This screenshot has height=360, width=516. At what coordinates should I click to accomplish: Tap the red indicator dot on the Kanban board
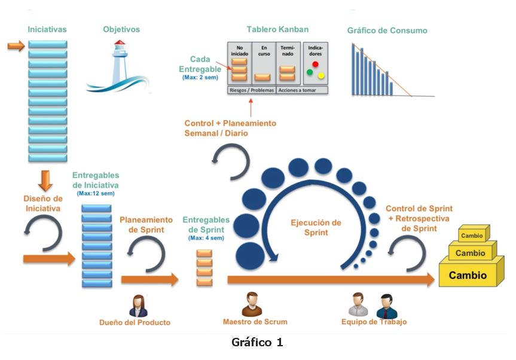point(315,64)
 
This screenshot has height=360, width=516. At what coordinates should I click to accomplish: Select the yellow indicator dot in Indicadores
point(320,76)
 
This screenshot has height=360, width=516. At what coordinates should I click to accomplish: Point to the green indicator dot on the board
point(310,73)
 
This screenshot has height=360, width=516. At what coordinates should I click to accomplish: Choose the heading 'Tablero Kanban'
point(277,29)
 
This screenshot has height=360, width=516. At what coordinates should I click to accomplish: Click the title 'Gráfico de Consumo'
point(387,30)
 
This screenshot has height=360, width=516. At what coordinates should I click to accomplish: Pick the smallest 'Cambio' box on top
point(472,235)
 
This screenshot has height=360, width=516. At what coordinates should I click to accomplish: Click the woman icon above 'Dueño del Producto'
point(138,306)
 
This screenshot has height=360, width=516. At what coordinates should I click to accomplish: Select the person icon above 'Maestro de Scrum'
point(252,304)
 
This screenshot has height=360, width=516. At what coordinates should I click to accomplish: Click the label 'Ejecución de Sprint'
point(316,227)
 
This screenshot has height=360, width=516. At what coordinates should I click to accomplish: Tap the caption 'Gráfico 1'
point(257,343)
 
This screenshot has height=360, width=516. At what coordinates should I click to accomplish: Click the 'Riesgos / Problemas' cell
point(251,90)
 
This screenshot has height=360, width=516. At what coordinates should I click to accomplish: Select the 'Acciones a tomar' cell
point(303,90)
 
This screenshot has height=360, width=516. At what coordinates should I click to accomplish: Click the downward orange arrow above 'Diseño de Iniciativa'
point(47,179)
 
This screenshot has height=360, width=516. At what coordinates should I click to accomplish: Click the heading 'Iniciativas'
point(47,29)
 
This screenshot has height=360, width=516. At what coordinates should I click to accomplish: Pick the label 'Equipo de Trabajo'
point(374,322)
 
